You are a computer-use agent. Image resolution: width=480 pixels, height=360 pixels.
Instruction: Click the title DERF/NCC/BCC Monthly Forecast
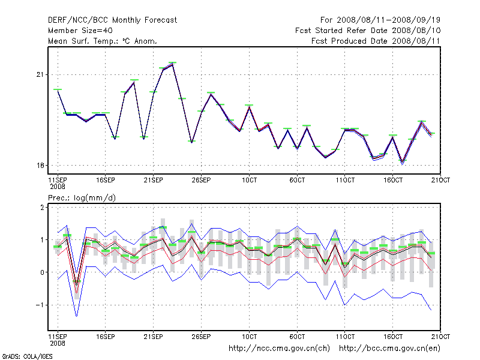(x=112, y=20)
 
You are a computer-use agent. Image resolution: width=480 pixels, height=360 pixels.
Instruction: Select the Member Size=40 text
(x=80, y=31)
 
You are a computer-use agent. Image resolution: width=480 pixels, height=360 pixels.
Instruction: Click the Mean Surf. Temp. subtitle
(x=102, y=41)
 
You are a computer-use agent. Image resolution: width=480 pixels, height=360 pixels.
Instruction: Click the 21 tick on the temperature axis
(x=41, y=74)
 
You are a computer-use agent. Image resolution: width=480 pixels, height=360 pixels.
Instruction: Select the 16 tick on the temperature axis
(x=41, y=166)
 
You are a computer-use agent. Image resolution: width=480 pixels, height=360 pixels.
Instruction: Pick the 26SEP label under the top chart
(x=201, y=179)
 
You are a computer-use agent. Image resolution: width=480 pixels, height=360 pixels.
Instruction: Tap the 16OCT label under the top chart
(x=393, y=179)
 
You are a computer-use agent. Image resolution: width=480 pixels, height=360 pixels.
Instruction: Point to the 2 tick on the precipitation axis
(x=43, y=208)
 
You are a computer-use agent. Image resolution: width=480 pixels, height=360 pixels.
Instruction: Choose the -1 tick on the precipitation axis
(x=41, y=305)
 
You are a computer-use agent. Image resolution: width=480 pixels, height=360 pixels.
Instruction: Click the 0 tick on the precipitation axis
(x=43, y=272)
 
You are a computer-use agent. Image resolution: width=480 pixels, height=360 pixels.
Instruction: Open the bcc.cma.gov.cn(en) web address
(x=391, y=348)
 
